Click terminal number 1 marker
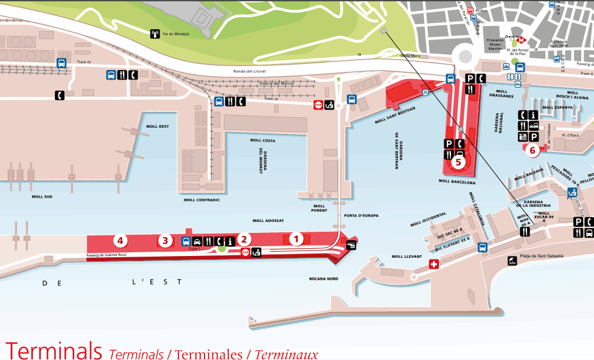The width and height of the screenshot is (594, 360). coord(296,238)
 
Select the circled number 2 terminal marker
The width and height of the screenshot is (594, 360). coord(244,240)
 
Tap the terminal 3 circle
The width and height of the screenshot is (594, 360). coord(164,241)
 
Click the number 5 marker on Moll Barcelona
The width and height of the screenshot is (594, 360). coord(458,162)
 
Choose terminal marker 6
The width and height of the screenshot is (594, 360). coord(533,150)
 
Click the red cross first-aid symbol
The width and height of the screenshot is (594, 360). coord(434,264)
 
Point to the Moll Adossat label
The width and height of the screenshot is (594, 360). coord(268,220)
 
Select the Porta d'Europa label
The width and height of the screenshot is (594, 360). coord(361,215)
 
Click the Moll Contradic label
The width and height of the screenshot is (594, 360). coord(201,199)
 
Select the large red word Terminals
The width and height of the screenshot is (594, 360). coord(54,350)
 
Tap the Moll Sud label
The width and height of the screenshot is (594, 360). coord(42,196)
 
